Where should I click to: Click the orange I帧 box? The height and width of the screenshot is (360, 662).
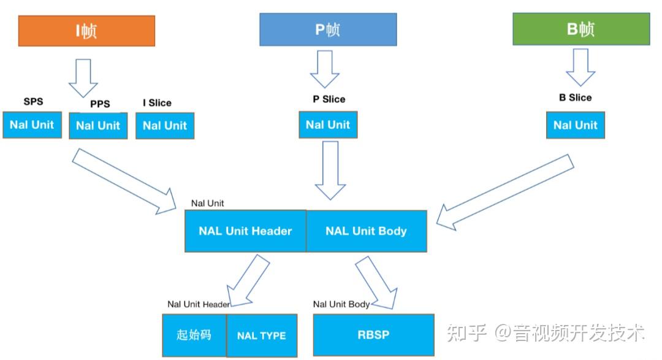point(86,31)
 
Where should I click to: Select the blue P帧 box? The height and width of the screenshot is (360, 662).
point(328,29)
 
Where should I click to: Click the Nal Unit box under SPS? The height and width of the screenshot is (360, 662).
point(32,124)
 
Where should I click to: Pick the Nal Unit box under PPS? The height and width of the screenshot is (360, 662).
point(98,126)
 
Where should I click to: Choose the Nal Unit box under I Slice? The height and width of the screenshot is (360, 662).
point(165,126)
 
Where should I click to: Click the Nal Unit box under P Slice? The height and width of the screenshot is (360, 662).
point(328,124)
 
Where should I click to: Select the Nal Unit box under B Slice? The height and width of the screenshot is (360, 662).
point(575,125)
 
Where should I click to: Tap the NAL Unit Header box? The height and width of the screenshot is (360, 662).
point(245,231)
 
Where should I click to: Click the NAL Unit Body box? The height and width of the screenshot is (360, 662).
point(366,231)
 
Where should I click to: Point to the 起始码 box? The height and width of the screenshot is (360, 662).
point(194,335)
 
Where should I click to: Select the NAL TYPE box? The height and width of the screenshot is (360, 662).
point(262,335)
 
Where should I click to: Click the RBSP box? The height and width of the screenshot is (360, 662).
point(373,335)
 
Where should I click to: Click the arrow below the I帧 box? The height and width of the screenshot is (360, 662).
point(83,77)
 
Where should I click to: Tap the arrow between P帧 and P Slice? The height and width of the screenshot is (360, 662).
point(325,69)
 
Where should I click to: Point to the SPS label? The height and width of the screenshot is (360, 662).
point(33,101)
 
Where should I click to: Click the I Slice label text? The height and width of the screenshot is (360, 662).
point(157,102)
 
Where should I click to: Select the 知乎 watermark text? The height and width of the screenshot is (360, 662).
point(467,333)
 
